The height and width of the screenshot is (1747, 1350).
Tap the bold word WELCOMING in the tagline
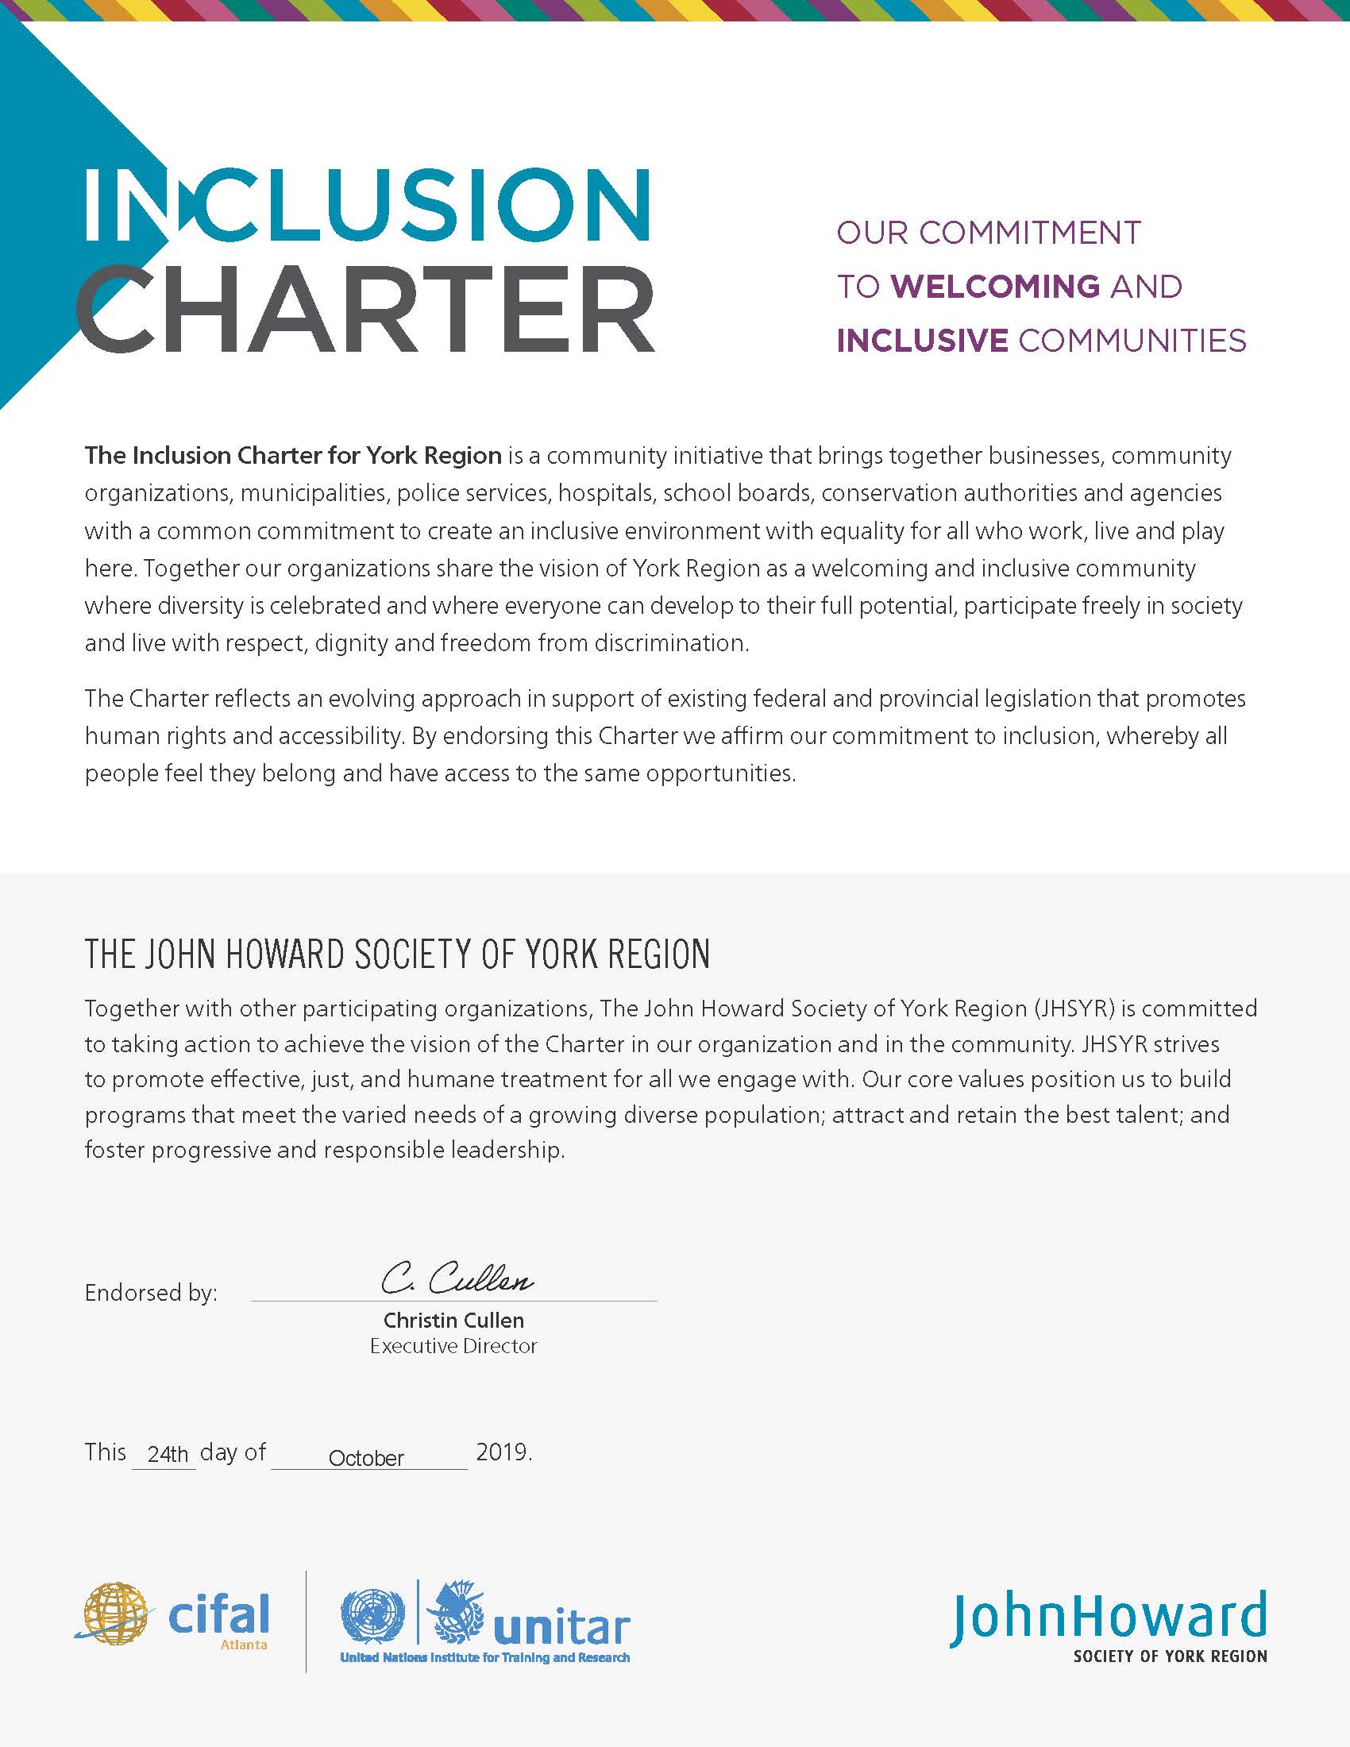pos(996,287)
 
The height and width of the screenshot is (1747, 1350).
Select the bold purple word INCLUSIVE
pos(921,341)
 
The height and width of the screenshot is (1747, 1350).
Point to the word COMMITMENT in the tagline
pos(1029,233)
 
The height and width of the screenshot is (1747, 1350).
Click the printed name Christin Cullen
pos(453,1320)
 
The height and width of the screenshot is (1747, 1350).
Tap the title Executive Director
pos(453,1346)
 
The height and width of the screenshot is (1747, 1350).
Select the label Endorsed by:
pos(151,1294)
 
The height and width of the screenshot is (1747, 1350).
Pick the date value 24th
pos(168,1454)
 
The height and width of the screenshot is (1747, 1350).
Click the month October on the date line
pos(366,1458)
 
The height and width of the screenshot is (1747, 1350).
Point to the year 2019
pos(503,1452)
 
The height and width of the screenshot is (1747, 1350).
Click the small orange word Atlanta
pos(244,1645)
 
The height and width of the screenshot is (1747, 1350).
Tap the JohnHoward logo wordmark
pos(1109,1617)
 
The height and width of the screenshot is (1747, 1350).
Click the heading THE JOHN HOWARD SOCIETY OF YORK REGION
pos(398,954)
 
